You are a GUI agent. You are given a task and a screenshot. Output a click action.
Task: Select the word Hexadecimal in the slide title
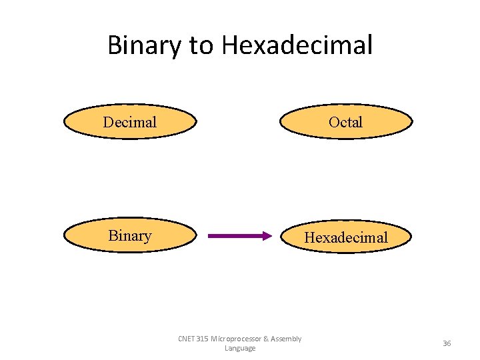[297, 45]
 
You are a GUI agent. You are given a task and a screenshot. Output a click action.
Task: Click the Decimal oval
[130, 122]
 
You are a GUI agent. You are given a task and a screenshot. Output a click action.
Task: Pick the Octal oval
[345, 122]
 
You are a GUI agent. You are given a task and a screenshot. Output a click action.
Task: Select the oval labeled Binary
[130, 236]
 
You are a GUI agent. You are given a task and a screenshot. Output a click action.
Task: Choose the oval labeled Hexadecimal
[345, 237]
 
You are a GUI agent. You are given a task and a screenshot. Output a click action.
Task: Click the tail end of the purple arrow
[211, 235]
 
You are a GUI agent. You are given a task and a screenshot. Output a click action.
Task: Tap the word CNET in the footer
[187, 339]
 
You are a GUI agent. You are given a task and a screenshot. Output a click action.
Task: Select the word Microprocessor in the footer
[239, 339]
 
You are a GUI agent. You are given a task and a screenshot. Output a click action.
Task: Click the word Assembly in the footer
[287, 339]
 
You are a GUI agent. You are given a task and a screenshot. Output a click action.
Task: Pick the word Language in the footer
[240, 349]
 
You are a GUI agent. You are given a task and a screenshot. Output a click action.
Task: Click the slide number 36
[447, 343]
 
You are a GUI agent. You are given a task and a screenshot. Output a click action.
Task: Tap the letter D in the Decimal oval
[107, 122]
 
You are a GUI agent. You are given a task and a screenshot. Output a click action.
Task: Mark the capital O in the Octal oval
[333, 122]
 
